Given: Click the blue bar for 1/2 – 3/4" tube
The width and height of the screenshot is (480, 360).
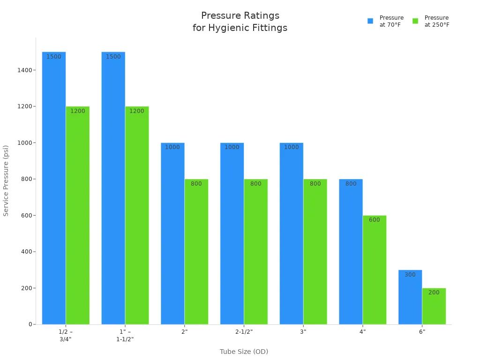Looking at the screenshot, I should [x=54, y=187].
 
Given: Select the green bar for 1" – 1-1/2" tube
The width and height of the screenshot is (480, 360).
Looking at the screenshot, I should [x=137, y=216].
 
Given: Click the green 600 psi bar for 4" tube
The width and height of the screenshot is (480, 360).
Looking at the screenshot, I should [x=374, y=270].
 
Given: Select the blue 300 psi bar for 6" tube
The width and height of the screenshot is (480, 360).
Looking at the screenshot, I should [x=410, y=297].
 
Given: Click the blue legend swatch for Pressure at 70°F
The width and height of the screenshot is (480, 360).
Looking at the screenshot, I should [x=370, y=21].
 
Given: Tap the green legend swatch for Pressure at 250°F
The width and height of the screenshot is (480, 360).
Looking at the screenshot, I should [x=415, y=21].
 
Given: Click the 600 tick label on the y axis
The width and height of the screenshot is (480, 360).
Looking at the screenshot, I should [x=27, y=216].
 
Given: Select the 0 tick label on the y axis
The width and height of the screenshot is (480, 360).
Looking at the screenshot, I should [x=30, y=324].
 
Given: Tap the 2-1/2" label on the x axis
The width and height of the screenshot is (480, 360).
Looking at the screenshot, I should [x=244, y=332].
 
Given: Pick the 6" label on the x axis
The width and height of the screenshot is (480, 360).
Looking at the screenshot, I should [x=422, y=332].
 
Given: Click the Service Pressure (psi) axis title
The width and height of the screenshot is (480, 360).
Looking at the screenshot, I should [x=6, y=180].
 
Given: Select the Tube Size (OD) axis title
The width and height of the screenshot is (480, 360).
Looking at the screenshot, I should [x=244, y=352].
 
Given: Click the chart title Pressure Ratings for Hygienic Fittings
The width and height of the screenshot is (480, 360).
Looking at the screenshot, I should [x=240, y=22].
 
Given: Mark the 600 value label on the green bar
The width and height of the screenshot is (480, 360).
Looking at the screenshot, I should [x=374, y=220].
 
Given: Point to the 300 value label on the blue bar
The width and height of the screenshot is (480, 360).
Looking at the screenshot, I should [x=410, y=275].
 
